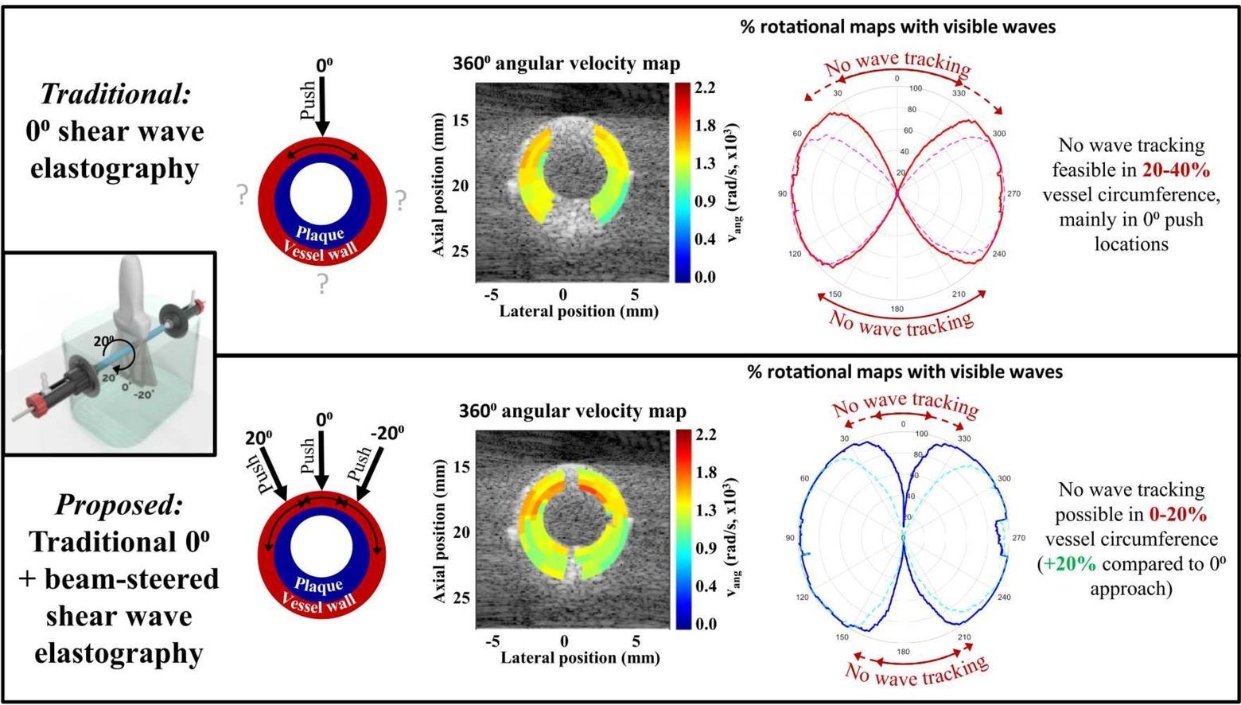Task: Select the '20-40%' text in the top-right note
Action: [x=1176, y=170]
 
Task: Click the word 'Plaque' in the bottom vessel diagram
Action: [x=318, y=586]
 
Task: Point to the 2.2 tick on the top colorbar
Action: [x=705, y=88]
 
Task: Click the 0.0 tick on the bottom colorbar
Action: [x=706, y=624]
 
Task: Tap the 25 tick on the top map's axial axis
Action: [x=461, y=251]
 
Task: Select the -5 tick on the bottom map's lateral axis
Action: [x=493, y=641]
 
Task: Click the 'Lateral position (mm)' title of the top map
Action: [x=578, y=311]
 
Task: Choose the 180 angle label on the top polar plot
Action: [x=897, y=309]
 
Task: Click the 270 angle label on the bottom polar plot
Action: [x=1018, y=539]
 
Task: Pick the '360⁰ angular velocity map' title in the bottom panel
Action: [x=571, y=411]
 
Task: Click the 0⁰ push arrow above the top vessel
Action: [x=321, y=107]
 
